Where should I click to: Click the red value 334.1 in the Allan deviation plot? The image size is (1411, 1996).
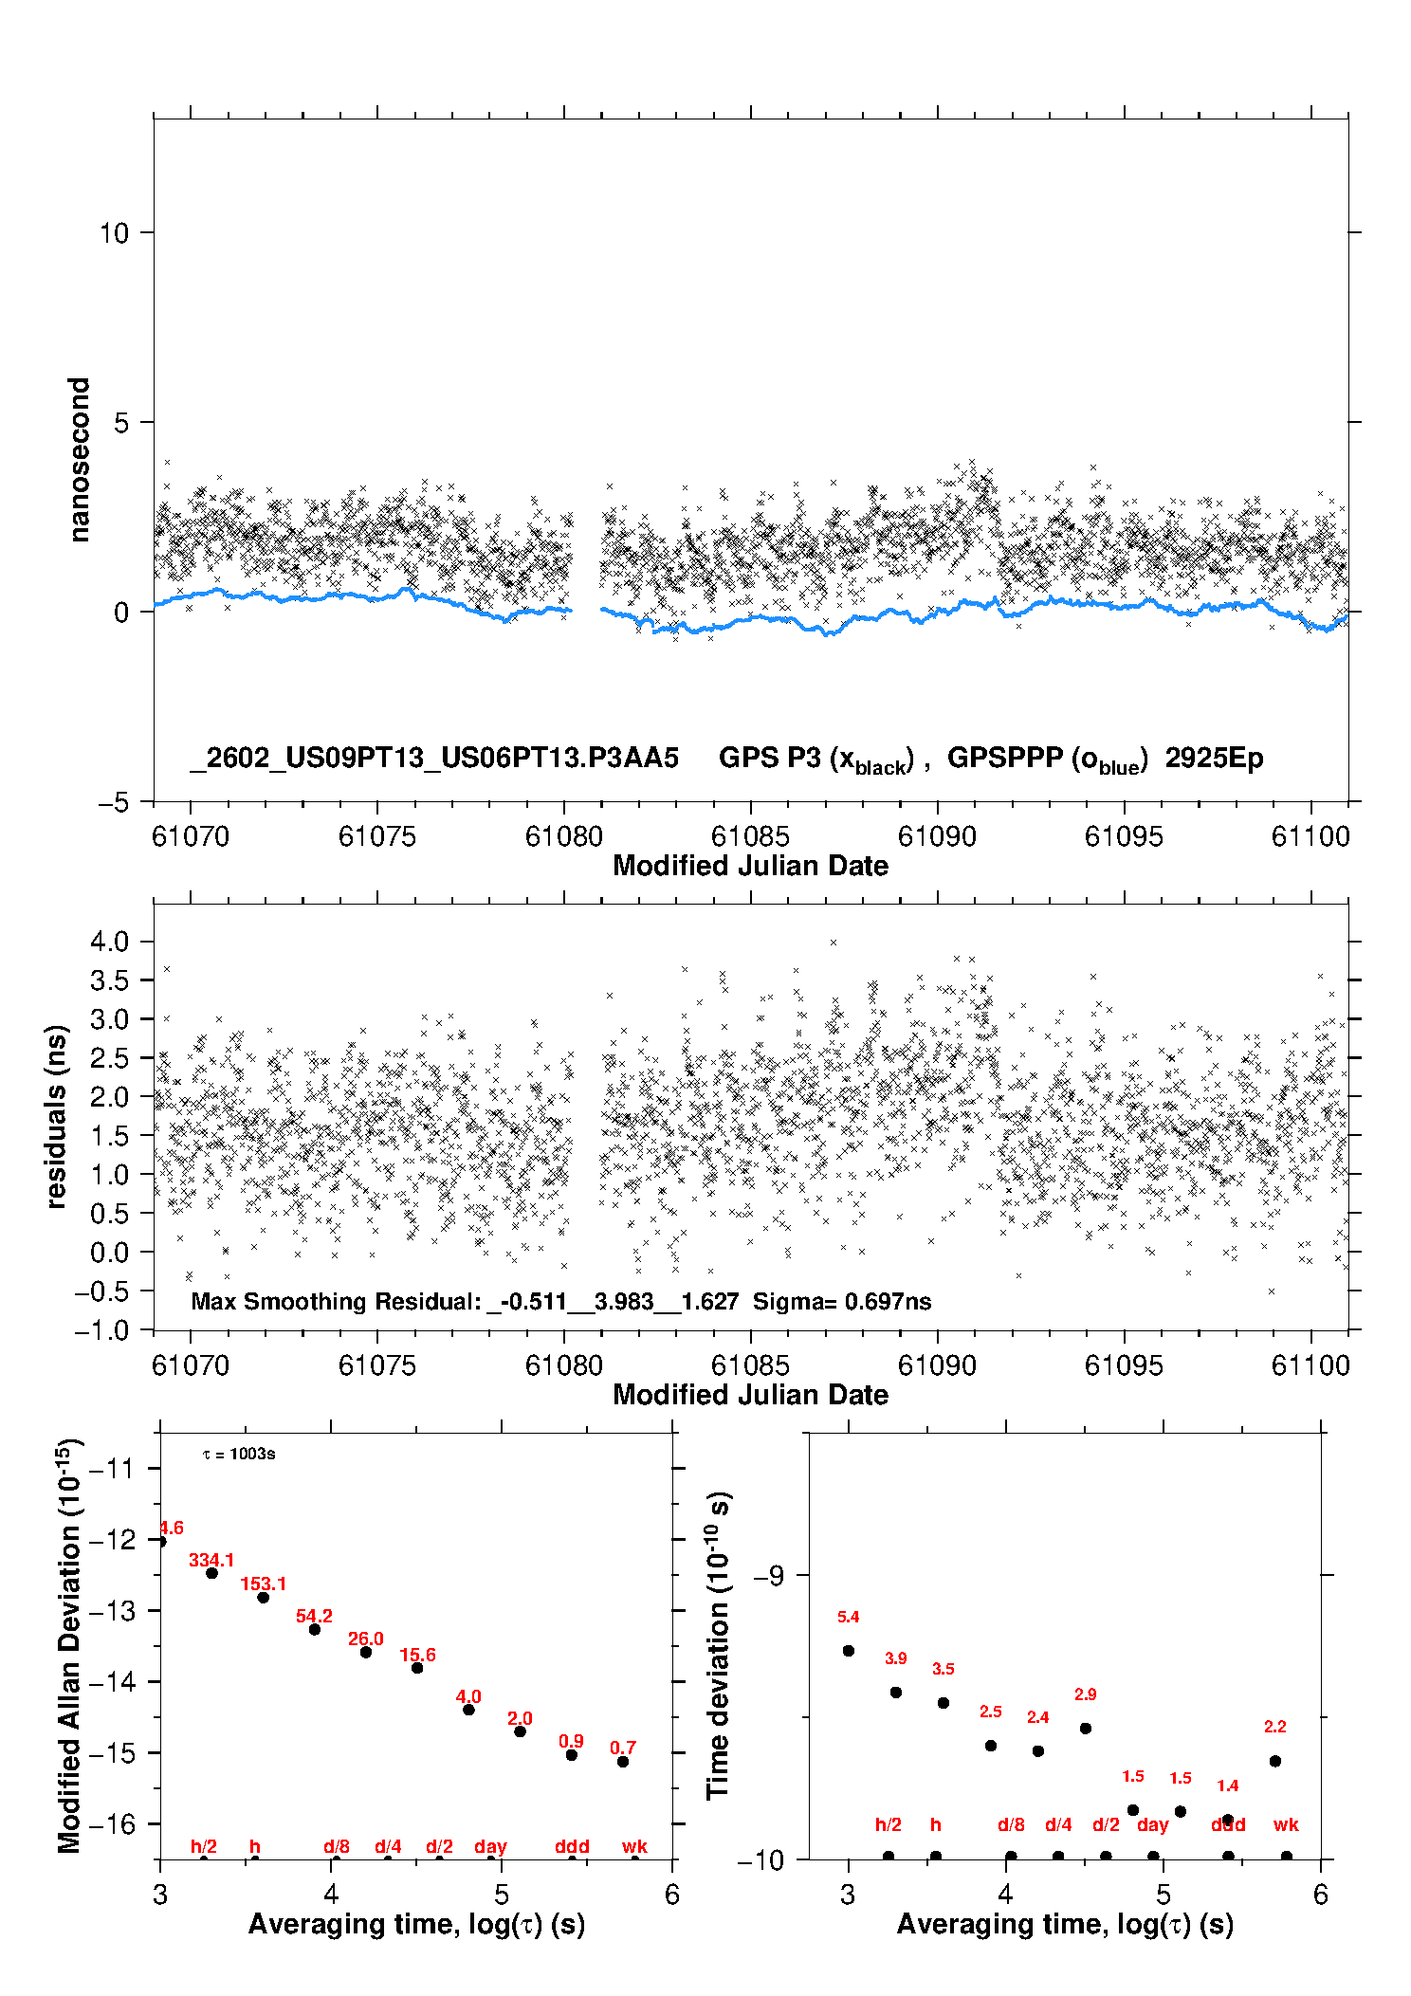coord(211,1560)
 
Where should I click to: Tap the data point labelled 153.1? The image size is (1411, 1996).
coord(264,1598)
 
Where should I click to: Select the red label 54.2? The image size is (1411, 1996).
coord(314,1617)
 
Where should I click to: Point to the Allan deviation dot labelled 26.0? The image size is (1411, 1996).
coord(366,1653)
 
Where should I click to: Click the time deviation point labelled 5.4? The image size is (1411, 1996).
coord(849,1651)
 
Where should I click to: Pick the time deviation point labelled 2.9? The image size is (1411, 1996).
coord(1086,1729)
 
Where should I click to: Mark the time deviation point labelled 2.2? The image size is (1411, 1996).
coord(1275,1761)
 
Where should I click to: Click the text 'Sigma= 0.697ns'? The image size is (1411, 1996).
coord(842,1302)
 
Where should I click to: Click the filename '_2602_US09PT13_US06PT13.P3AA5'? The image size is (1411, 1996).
coord(434,759)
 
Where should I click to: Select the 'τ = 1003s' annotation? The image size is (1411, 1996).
coord(239,1455)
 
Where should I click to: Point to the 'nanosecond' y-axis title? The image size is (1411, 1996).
coord(80,460)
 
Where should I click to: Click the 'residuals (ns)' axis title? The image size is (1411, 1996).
coord(57,1116)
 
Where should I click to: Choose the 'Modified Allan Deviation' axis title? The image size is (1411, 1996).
coord(69,1645)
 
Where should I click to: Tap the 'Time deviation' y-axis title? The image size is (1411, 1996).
coord(718,1645)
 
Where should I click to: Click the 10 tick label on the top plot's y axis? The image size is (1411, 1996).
coord(114,233)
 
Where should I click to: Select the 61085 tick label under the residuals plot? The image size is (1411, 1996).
coord(750,1365)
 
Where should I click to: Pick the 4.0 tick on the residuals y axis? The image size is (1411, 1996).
coord(109,942)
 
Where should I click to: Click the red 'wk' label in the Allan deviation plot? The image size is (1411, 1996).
coord(634,1846)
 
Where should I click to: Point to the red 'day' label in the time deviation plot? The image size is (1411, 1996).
coord(1152,1824)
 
